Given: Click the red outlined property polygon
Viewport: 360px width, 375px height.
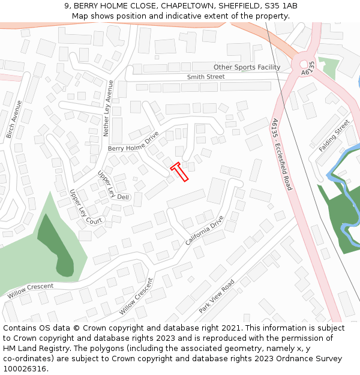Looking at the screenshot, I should click(x=180, y=172).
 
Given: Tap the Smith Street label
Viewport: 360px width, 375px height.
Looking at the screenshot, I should click(x=205, y=77).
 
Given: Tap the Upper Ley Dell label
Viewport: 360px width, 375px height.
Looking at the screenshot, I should click(x=113, y=185).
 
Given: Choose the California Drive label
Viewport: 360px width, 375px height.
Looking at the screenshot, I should click(x=204, y=230).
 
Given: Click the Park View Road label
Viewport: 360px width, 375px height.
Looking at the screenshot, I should click(x=217, y=296).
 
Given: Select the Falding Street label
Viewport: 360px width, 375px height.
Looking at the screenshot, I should click(x=334, y=136).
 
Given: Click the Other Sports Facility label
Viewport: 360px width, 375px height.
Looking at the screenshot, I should click(x=247, y=67).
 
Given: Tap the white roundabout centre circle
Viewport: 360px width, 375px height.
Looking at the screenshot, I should click(x=304, y=64).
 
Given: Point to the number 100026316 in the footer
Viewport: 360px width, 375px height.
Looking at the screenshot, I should click(x=24, y=369).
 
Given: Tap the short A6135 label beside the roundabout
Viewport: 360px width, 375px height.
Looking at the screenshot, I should click(x=308, y=68).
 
